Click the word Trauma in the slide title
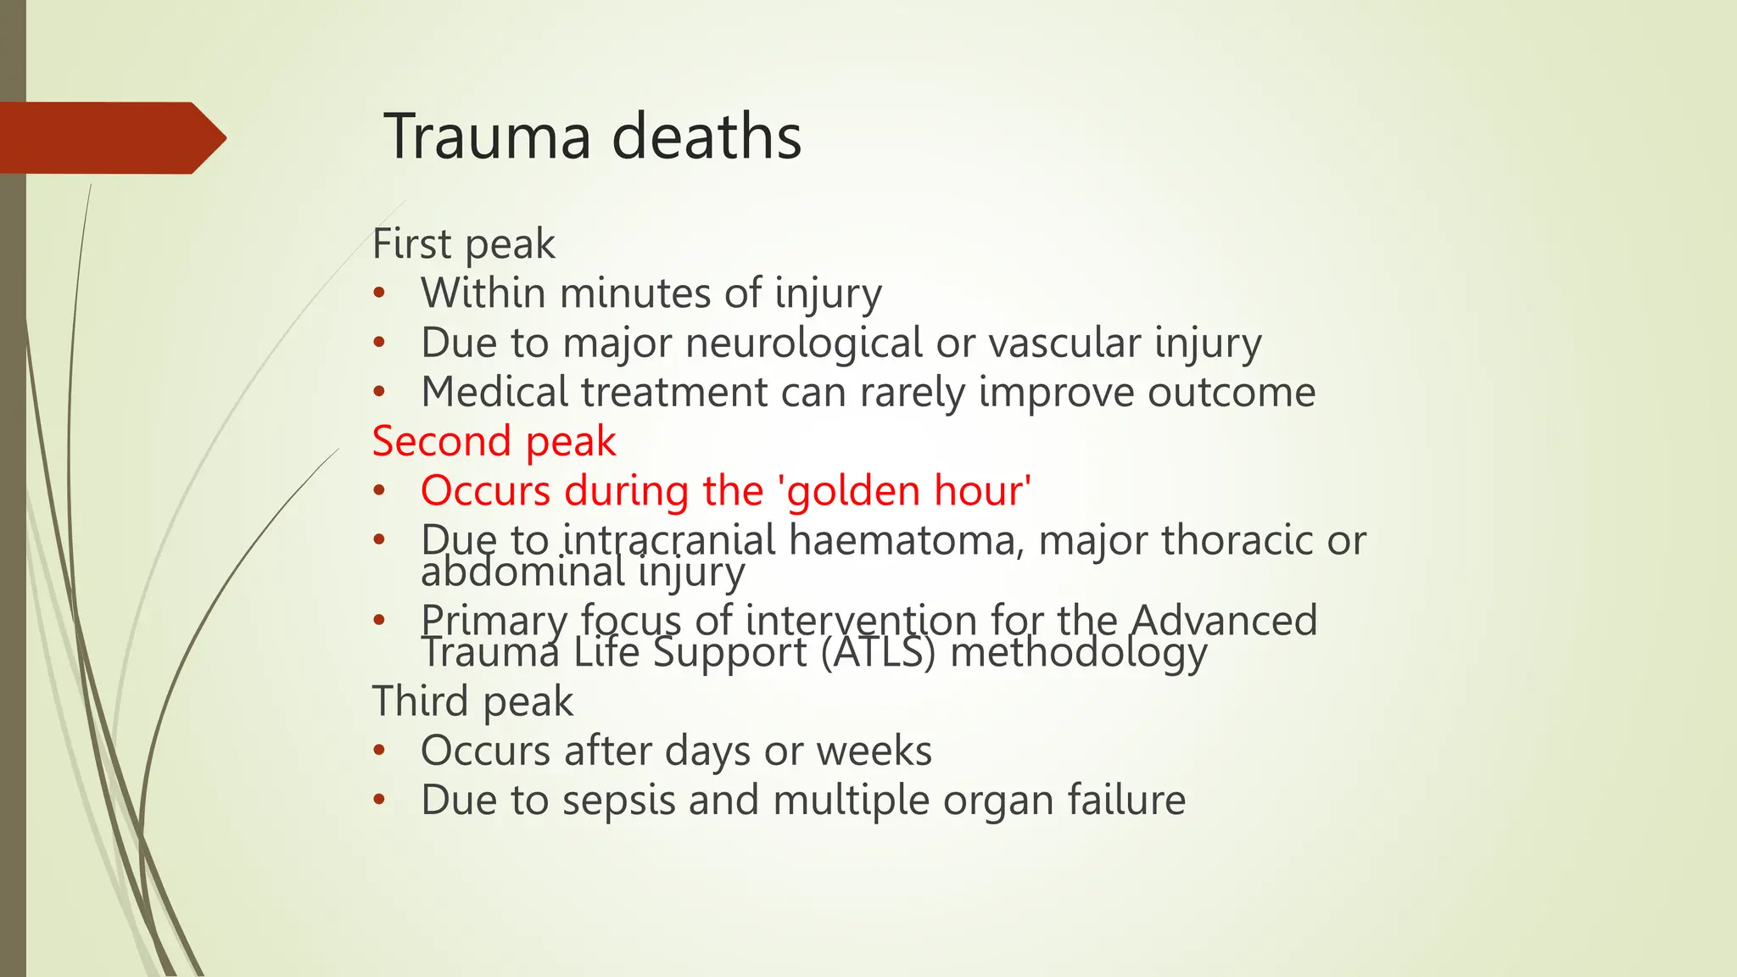coord(487,137)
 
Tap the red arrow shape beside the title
coord(110,138)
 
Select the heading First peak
coord(463,244)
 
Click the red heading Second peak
coord(494,442)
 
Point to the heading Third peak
coord(472,701)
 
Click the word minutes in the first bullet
coord(635,293)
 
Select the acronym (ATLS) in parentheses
coord(878,653)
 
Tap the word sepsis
coord(618,801)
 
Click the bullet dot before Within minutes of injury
coord(379,294)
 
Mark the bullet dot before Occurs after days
coord(379,751)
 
